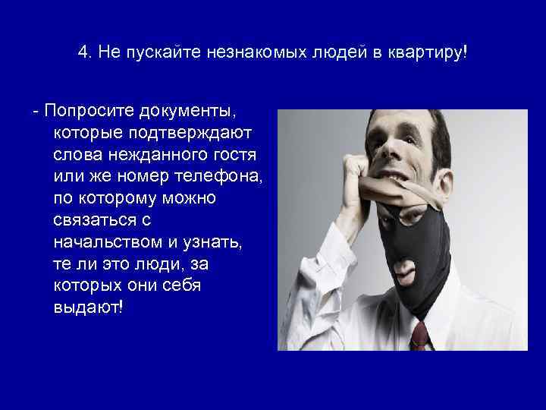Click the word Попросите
tap(89, 112)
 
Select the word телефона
tap(218, 177)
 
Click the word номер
tap(147, 177)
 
